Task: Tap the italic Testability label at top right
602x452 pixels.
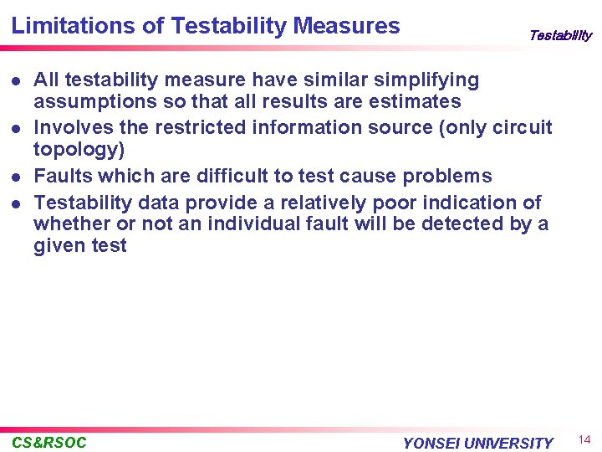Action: point(559,35)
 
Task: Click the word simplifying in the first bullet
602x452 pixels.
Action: point(426,81)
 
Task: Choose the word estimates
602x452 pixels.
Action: point(417,102)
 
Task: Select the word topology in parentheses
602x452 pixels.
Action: point(79,150)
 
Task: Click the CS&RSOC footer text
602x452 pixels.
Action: point(49,443)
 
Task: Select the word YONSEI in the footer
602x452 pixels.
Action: point(431,444)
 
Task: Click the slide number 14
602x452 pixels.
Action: point(584,440)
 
